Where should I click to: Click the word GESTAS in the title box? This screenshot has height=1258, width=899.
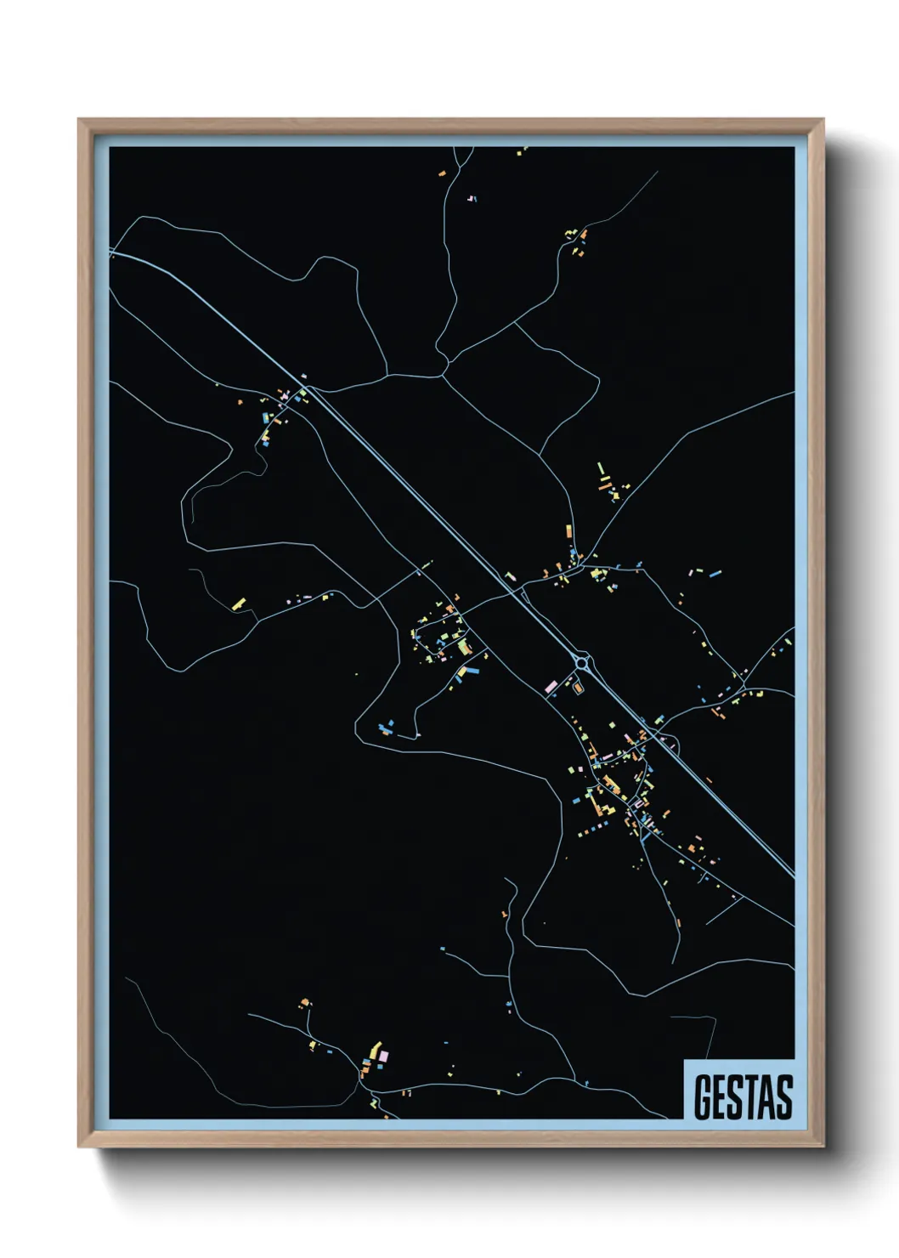tap(743, 1097)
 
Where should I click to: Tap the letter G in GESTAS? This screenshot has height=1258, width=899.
tap(703, 1097)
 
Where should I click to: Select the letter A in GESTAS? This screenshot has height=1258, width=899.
tap(767, 1097)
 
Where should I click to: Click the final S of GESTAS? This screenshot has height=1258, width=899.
tap(784, 1097)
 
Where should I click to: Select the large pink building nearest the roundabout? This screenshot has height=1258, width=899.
tap(551, 685)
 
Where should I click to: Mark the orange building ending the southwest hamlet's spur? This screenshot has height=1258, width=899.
tap(304, 1004)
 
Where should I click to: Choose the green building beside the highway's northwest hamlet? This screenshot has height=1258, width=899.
tap(266, 418)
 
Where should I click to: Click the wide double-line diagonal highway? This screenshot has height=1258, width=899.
tap(425, 501)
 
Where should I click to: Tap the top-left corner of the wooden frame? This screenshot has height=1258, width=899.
tap(79, 120)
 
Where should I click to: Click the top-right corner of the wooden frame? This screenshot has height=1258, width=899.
tap(823, 120)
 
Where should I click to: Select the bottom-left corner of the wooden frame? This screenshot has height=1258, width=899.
tap(79, 1147)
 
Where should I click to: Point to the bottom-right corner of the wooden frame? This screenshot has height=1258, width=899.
tap(823, 1147)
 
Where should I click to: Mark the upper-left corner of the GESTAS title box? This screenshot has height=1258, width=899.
tap(685, 1061)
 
